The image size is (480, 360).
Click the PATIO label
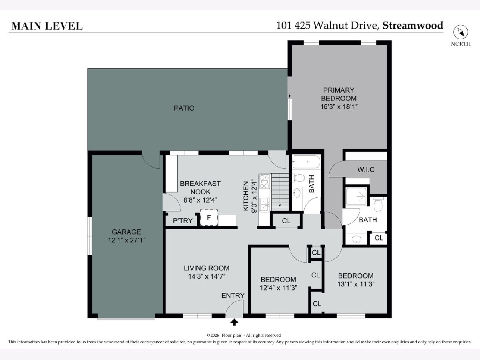[184, 108]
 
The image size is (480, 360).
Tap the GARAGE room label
[126, 232]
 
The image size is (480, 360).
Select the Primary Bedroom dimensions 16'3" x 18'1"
[339, 107]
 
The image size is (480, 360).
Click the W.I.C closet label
[366, 169]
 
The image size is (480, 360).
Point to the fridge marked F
[209, 218]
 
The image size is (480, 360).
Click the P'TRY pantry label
[182, 221]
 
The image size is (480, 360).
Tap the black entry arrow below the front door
[234, 322]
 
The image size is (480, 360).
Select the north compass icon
[460, 32]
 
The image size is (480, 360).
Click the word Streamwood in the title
[413, 25]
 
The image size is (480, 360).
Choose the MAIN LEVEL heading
[47, 26]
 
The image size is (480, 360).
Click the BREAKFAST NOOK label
[200, 188]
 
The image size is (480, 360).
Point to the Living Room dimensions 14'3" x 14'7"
[207, 276]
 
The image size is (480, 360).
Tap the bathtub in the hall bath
[306, 162]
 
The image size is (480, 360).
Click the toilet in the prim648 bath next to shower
[378, 204]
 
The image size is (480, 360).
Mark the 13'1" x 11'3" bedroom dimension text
[356, 284]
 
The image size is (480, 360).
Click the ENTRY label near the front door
[233, 296]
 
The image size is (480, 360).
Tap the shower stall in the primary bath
[356, 196]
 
